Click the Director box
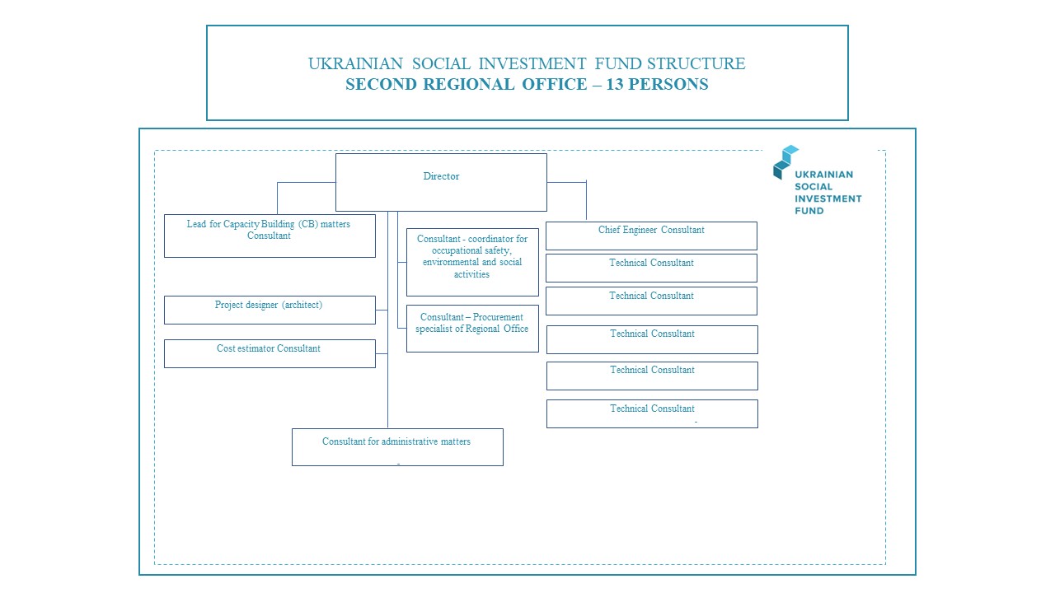point(441,182)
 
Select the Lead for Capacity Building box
point(270,236)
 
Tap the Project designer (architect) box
point(270,310)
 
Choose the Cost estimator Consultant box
point(270,353)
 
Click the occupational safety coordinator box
point(472,262)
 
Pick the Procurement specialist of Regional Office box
point(472,329)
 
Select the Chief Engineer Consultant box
point(651,236)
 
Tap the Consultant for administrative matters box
point(397,447)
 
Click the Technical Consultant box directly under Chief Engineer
point(651,268)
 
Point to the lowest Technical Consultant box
point(652,413)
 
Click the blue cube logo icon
point(785,161)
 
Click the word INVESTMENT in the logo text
point(828,198)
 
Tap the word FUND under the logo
point(809,211)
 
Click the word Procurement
point(498,317)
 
